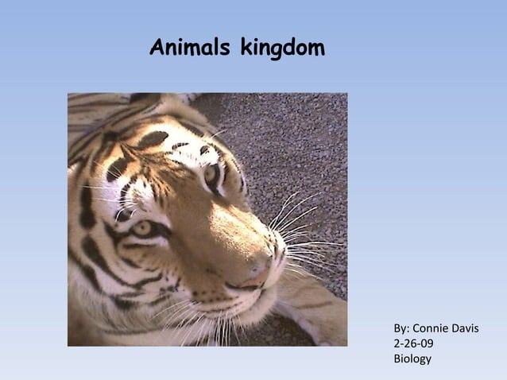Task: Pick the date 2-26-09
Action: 414,343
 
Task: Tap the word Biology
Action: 412,359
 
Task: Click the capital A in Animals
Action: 157,48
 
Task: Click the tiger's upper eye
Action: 212,173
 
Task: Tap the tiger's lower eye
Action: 143,229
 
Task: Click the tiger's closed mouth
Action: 238,288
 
